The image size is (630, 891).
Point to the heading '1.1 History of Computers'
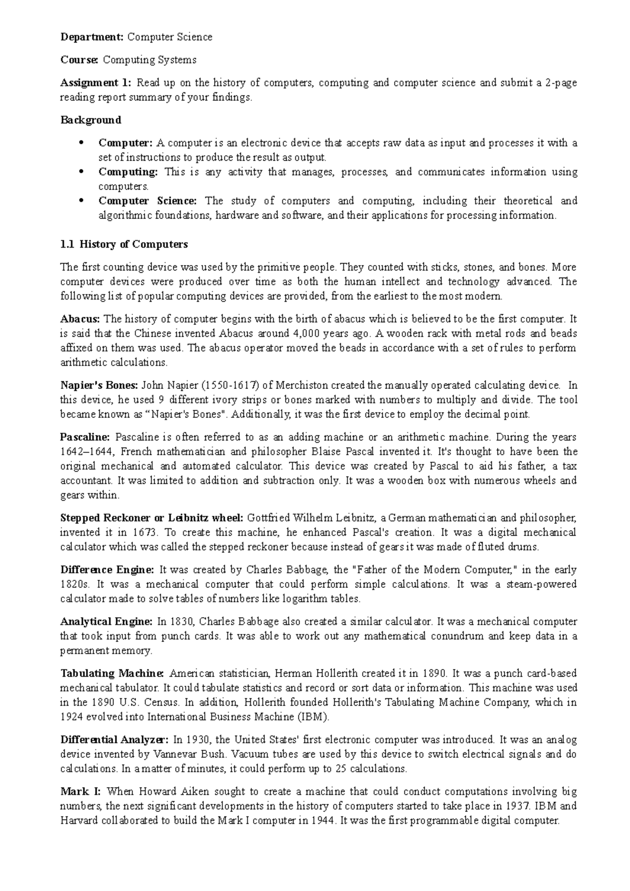point(124,245)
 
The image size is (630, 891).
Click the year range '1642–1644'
point(83,452)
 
